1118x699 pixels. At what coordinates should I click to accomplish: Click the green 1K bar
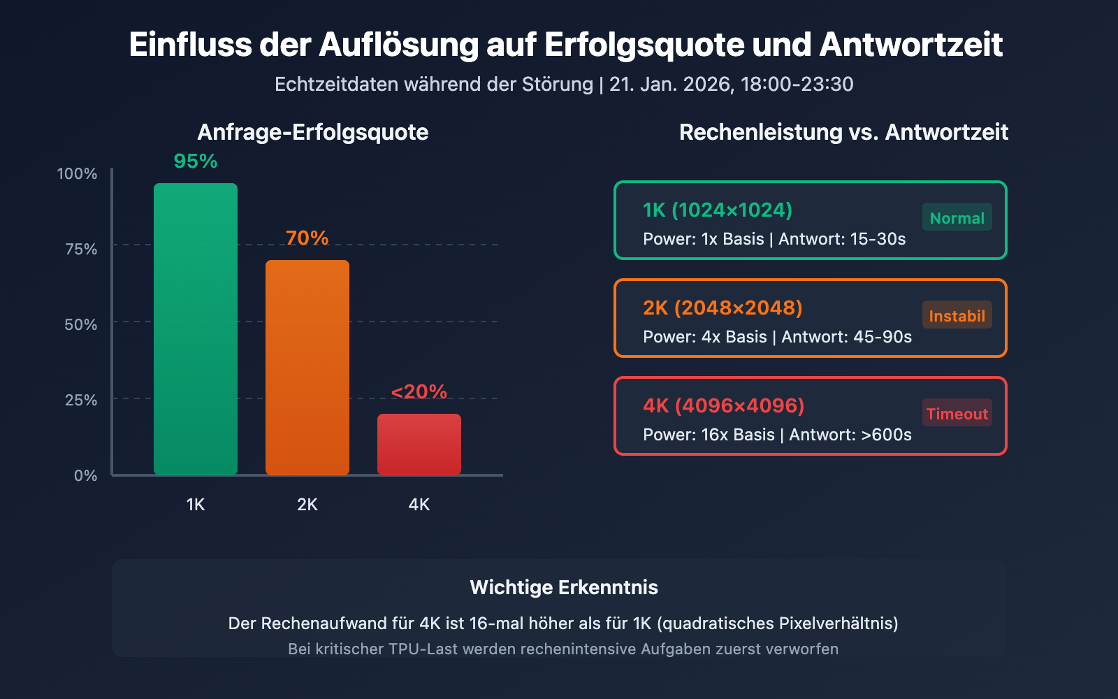196,329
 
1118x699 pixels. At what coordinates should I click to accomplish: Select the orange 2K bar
307,368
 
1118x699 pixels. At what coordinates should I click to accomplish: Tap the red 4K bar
419,445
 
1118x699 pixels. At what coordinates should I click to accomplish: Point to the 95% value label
196,161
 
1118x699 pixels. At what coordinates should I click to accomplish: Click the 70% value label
307,238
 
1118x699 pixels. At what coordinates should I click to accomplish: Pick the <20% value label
419,392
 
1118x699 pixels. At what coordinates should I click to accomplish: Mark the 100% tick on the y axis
77,174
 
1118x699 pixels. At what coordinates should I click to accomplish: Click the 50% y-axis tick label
80,325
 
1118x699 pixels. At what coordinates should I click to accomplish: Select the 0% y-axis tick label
85,476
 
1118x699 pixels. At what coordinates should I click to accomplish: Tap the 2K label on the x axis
307,505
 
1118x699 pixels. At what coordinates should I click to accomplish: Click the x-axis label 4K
419,505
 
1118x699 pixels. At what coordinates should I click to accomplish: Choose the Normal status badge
957,218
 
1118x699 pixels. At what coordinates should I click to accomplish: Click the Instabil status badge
957,316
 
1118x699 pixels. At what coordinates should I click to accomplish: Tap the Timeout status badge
957,414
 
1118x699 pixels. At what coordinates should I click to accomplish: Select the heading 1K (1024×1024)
718,210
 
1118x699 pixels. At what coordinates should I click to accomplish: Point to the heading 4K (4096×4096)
723,406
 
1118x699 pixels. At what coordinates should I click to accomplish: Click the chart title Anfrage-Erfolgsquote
313,132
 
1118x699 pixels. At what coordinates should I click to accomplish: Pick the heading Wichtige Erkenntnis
564,587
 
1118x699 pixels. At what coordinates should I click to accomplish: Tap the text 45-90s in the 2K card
883,337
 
